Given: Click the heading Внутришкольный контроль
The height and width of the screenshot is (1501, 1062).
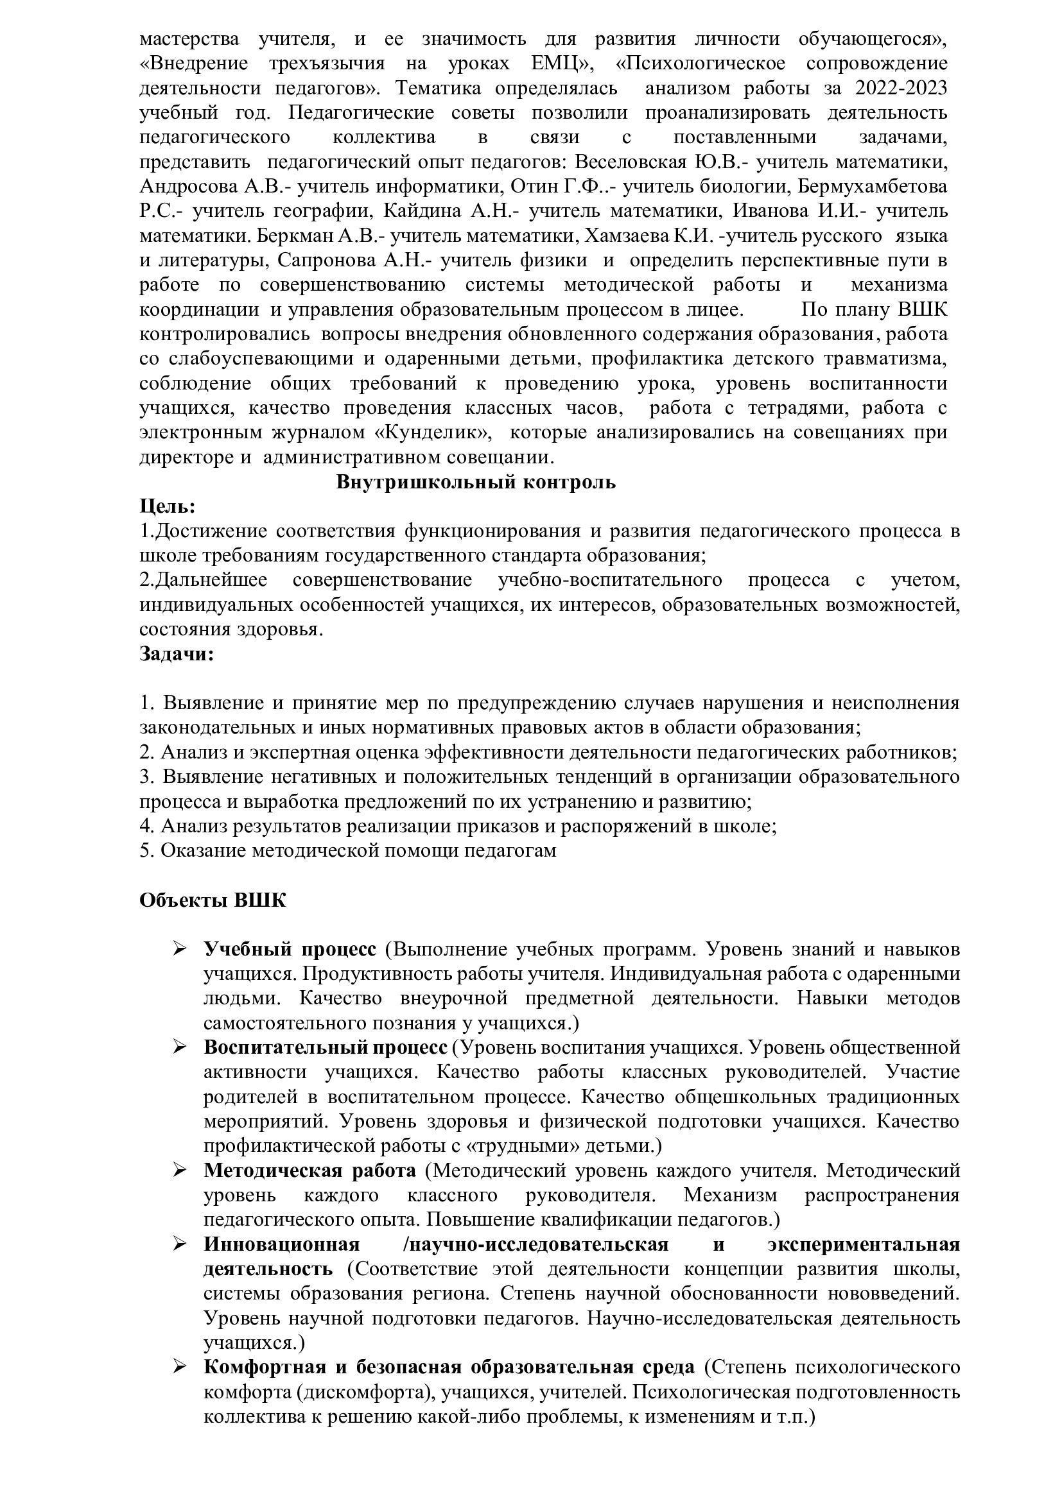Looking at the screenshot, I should click(475, 483).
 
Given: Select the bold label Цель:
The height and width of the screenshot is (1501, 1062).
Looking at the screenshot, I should click(168, 507).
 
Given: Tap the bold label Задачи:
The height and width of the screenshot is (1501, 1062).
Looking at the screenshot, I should click(177, 654).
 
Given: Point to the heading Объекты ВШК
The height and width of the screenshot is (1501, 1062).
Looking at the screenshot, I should click(213, 900).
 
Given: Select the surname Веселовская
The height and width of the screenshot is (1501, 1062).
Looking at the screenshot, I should click(631, 162).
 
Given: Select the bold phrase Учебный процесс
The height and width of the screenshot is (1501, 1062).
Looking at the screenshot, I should click(290, 949).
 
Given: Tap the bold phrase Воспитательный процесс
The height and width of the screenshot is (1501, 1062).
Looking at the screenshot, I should click(325, 1047).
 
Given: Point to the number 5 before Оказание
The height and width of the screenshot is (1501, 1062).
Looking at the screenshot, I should click(146, 850).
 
